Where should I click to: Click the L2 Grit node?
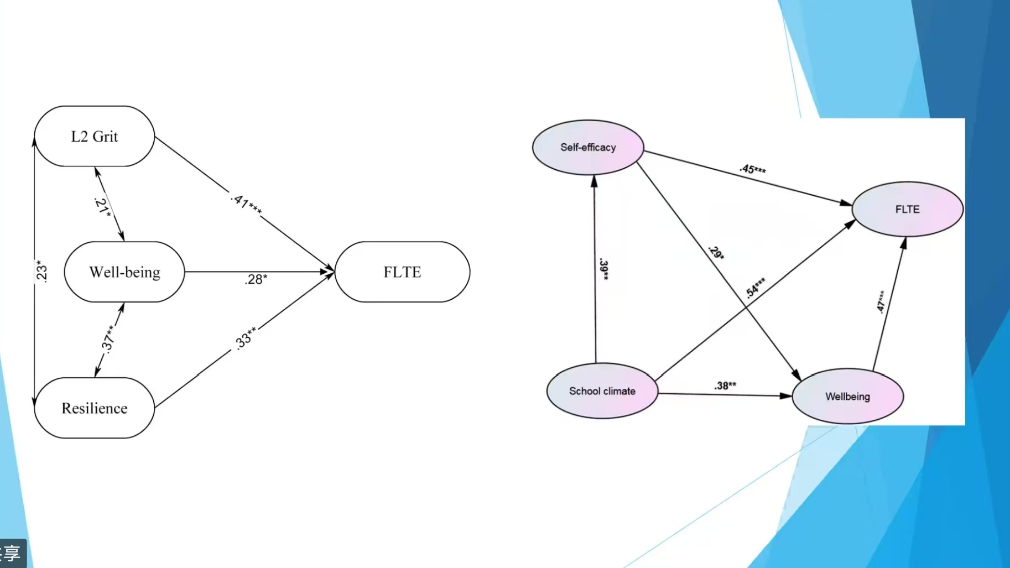tap(95, 137)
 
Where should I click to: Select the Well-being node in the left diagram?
tap(124, 272)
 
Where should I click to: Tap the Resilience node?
tap(95, 408)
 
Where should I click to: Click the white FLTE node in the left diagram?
tap(402, 272)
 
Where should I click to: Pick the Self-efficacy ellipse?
tap(588, 148)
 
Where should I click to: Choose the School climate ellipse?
tap(602, 391)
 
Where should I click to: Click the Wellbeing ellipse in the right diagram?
tap(847, 397)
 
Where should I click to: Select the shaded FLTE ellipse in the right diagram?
tap(907, 210)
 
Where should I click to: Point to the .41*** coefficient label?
tap(246, 204)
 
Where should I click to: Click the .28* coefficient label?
tap(256, 279)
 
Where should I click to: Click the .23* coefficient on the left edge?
tap(41, 272)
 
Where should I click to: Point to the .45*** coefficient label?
tap(753, 169)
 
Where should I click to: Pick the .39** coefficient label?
tap(604, 269)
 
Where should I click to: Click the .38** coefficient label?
tap(725, 385)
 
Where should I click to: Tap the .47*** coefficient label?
tap(881, 302)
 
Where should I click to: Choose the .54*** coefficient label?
tap(756, 288)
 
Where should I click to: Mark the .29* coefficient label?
tap(716, 252)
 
